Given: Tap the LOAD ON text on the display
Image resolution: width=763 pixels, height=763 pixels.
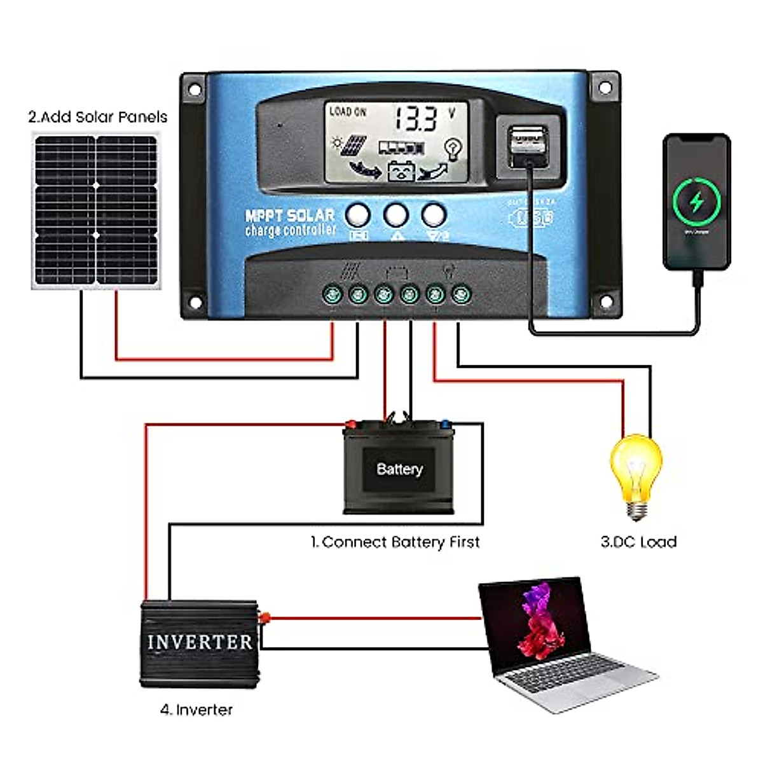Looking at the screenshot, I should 347,112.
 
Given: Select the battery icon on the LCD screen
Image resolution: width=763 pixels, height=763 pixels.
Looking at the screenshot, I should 401,171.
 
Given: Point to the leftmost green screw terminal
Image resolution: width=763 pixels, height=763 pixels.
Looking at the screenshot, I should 332,294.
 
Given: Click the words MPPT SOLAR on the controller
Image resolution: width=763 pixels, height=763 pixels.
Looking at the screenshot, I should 290,216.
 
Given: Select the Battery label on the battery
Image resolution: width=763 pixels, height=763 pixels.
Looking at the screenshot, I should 399,469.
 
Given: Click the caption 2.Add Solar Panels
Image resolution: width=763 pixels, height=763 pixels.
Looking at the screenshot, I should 97,117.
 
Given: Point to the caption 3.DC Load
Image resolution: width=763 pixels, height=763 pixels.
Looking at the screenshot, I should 638,542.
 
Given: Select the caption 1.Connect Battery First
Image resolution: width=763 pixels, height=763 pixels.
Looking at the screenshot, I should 395,542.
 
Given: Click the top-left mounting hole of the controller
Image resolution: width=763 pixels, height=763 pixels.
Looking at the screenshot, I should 195,90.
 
